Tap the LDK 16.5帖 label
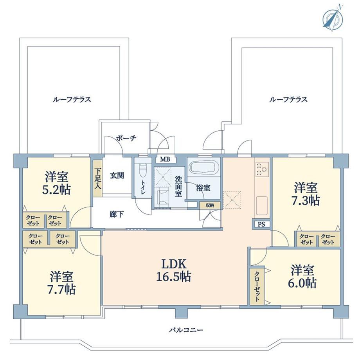click(174, 270)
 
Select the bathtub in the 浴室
click(203, 167)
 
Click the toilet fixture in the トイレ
click(142, 171)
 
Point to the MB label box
click(165, 159)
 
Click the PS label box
click(261, 224)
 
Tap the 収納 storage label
click(210, 205)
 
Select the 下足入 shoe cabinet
click(98, 178)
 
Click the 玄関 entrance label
click(117, 176)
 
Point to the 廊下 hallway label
click(117, 214)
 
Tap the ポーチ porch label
click(126, 138)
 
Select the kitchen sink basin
click(262, 205)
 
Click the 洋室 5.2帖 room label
click(56, 183)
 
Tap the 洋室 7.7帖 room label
click(61, 283)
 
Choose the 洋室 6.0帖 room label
click(302, 276)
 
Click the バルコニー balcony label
click(186, 330)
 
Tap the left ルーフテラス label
click(72, 99)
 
